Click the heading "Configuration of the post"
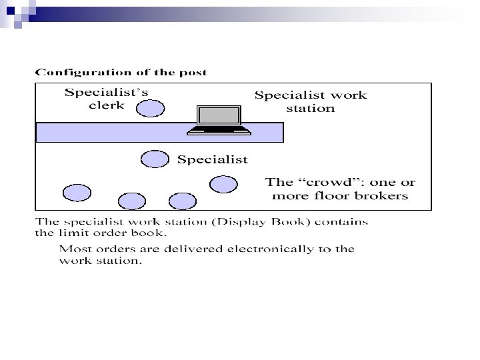[121, 72]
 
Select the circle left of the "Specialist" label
[155, 159]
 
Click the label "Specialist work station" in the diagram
[311, 101]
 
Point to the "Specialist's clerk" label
[106, 99]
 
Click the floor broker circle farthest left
[77, 193]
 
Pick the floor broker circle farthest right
[223, 184]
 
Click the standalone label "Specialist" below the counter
[212, 159]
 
